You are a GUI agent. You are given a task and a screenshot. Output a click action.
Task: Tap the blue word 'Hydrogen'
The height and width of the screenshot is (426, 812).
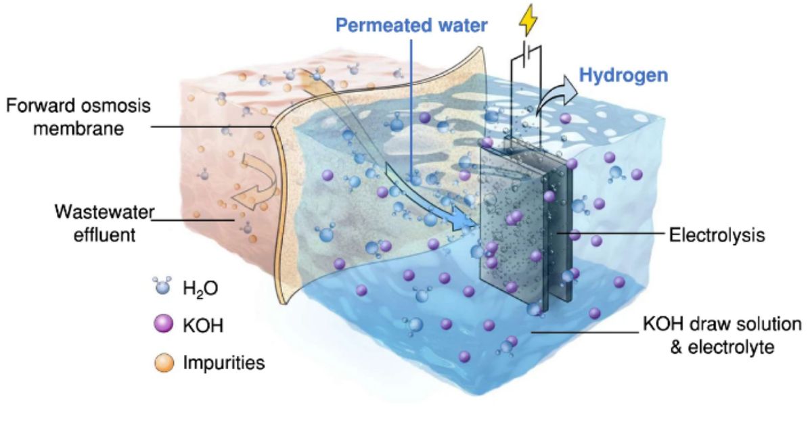tap(626, 74)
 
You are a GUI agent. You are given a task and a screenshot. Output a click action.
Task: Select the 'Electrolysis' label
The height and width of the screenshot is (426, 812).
tap(717, 236)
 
